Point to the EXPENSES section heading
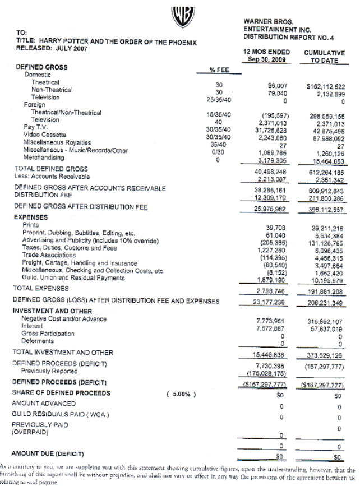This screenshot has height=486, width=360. [30, 216]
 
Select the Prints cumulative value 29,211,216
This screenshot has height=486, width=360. [327, 229]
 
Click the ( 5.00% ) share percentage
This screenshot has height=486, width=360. [181, 394]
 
